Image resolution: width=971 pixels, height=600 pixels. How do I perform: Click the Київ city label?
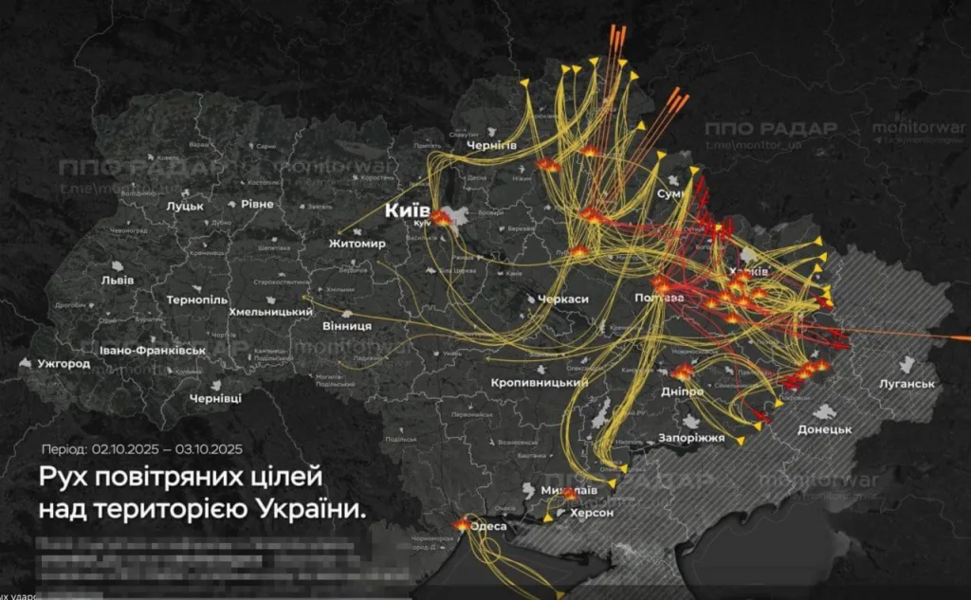tap(408, 209)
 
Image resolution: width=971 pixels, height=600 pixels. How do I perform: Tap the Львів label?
tap(118, 280)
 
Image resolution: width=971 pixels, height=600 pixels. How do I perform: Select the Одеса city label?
tap(489, 526)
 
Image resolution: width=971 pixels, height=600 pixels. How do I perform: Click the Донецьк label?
tap(824, 429)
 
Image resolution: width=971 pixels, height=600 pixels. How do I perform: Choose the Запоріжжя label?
tap(691, 438)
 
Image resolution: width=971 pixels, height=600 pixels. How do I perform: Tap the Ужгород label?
tap(64, 363)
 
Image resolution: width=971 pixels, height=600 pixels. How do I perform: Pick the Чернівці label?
tap(215, 398)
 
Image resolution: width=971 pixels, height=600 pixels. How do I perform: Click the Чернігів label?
tap(492, 145)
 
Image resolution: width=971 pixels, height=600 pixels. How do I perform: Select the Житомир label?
tap(357, 245)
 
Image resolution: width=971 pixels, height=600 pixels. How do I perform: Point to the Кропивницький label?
tap(540, 383)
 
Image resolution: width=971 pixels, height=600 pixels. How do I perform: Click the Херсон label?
tap(592, 512)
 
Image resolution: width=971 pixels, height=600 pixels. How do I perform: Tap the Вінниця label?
tap(346, 325)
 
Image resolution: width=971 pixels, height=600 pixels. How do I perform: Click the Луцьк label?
tap(184, 205)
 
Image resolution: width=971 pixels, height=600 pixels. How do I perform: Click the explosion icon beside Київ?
tap(442, 218)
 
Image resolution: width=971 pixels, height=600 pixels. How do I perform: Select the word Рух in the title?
tap(62, 473)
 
